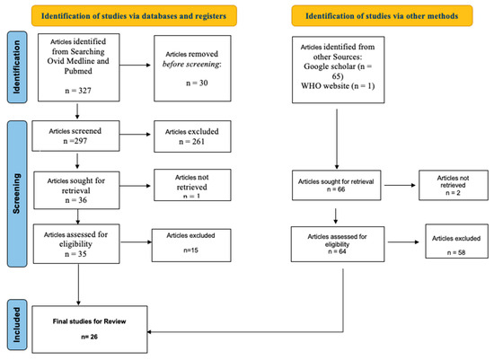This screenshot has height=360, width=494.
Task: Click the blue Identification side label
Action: click(x=17, y=67)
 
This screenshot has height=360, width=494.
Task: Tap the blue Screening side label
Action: click(x=17, y=194)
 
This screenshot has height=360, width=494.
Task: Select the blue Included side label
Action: click(x=17, y=325)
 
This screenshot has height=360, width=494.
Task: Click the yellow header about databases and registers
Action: click(x=134, y=16)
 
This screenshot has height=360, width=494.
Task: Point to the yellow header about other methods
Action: click(x=382, y=16)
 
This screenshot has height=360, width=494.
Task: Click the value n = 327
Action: click(x=78, y=91)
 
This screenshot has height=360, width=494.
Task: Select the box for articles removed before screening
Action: click(x=192, y=68)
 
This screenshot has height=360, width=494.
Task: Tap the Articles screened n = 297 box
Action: click(x=75, y=136)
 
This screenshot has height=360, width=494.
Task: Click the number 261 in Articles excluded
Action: click(x=198, y=142)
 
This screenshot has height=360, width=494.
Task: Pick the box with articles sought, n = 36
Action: click(x=76, y=190)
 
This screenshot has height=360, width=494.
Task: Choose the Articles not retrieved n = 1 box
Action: click(x=192, y=185)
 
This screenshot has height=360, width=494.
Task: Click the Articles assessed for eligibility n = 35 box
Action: click(x=76, y=244)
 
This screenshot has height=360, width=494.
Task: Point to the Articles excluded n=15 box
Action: click(x=191, y=245)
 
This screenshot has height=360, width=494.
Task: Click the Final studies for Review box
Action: click(x=90, y=329)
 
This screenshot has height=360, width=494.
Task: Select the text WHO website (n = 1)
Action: click(x=338, y=86)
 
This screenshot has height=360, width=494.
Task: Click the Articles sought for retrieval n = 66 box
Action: click(x=337, y=185)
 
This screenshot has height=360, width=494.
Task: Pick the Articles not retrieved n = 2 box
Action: click(x=454, y=185)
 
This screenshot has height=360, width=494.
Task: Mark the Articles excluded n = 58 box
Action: click(x=456, y=241)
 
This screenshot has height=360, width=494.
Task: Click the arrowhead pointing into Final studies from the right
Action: click(x=149, y=332)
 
